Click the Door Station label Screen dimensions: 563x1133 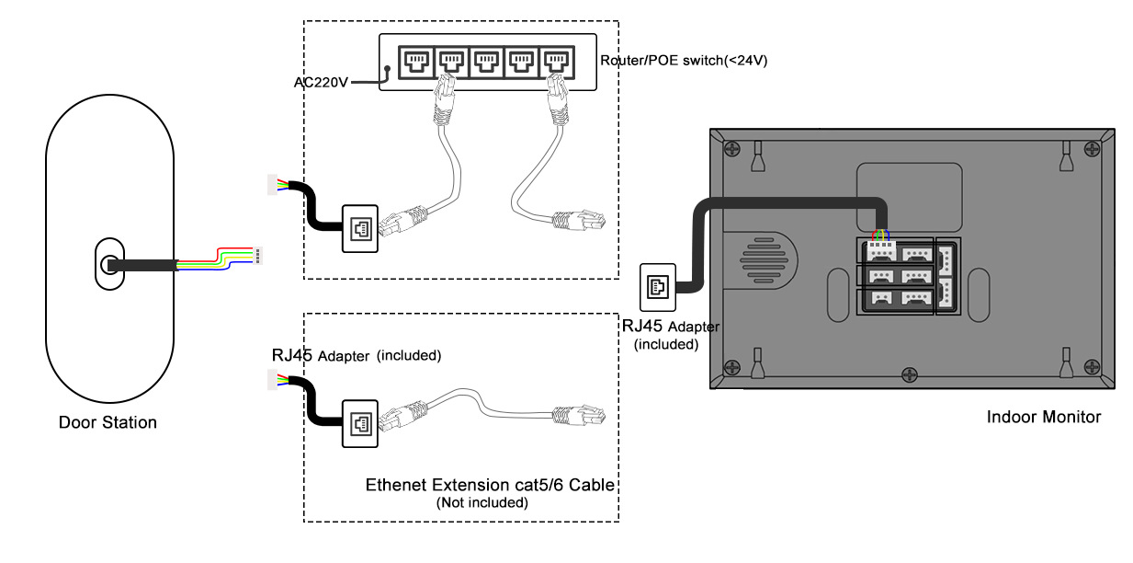pos(108,423)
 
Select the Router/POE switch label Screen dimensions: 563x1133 pos(683,61)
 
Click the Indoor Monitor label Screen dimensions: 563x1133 pos(1043,418)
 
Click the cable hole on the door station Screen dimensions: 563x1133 pos(108,265)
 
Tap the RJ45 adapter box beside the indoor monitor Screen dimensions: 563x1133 pos(656,286)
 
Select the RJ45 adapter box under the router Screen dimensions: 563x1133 pos(357,226)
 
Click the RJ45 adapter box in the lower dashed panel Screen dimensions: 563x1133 pos(357,423)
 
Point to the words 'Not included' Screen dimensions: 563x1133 pos(482,503)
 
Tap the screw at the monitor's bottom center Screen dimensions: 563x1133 pos(910,373)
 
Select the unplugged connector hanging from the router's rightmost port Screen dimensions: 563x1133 pos(579,220)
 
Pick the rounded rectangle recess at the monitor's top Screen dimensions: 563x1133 pos(909,195)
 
